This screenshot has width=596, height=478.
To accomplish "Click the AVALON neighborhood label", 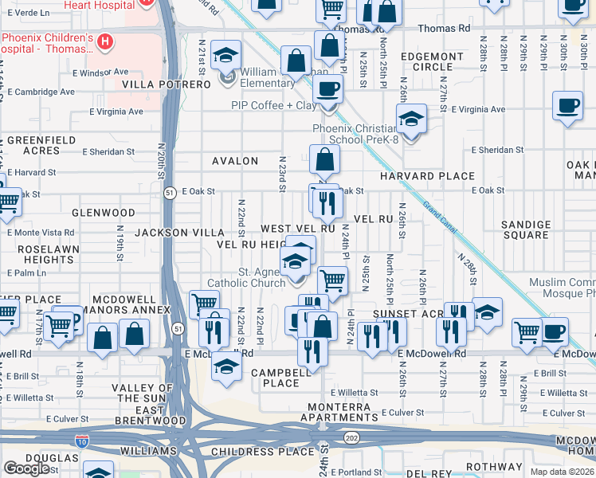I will pos(235,161).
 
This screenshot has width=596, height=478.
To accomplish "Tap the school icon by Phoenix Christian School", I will pos(411,120).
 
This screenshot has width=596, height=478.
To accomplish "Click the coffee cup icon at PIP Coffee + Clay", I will pos(327,91).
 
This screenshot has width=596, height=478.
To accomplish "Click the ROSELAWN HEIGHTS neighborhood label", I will pos(37,254).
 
